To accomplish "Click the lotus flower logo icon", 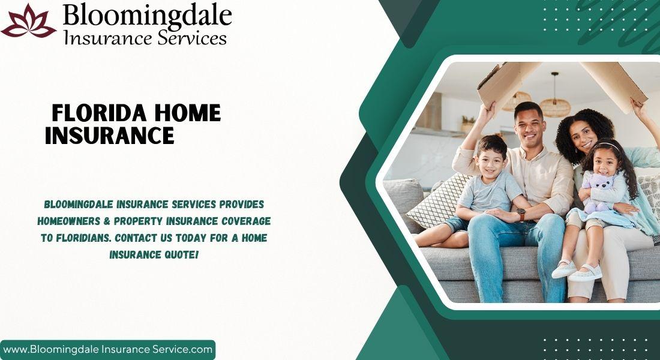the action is click(x=29, y=21).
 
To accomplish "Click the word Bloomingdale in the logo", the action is click(x=148, y=16).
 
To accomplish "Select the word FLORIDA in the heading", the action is click(x=99, y=113).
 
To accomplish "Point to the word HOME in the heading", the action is click(x=187, y=113).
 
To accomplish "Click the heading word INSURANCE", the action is click(x=109, y=136).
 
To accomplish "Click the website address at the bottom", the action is click(x=108, y=349).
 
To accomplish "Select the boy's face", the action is click(x=490, y=160).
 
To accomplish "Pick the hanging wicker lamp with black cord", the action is click(x=555, y=103).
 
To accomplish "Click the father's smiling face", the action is click(x=529, y=125).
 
